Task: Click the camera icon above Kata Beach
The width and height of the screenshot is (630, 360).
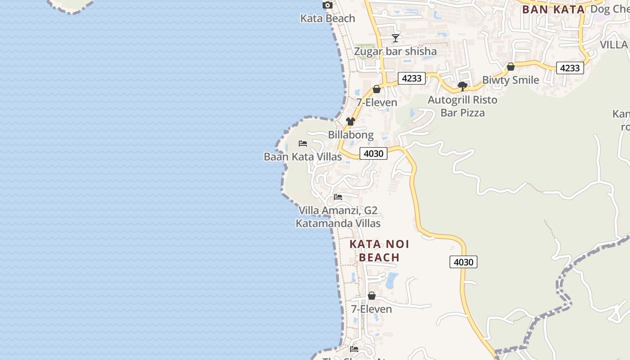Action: point(328,5)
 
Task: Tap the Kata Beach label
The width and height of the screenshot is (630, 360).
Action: point(328,18)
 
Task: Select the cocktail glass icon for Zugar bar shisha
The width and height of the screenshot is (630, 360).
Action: point(395,38)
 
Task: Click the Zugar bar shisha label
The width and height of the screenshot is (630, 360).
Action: point(395,51)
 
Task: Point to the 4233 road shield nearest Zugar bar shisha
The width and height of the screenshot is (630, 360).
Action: point(411,78)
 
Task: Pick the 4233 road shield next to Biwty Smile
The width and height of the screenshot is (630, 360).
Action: point(570,68)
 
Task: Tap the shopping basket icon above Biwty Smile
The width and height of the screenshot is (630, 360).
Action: point(511,67)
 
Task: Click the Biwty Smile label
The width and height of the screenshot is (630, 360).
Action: point(510,80)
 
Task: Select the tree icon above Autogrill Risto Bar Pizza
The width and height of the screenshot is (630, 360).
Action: point(462,86)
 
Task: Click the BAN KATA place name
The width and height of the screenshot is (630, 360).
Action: point(553,9)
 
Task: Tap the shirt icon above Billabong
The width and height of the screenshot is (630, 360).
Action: point(351,121)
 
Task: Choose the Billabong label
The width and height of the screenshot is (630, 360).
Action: point(351,135)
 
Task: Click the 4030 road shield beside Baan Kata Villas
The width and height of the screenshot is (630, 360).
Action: point(373,153)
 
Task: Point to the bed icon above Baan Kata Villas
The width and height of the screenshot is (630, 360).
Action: point(303,144)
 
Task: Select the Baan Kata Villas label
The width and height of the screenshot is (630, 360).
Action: point(302,157)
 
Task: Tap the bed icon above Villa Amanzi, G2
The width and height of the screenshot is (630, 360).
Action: point(338,197)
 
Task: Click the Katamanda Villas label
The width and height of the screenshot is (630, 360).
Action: point(338,223)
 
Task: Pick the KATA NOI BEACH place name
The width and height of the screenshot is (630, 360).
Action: point(379,251)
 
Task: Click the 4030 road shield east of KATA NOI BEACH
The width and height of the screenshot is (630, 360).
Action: point(463,262)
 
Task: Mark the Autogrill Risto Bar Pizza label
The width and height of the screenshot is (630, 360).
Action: point(462,106)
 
